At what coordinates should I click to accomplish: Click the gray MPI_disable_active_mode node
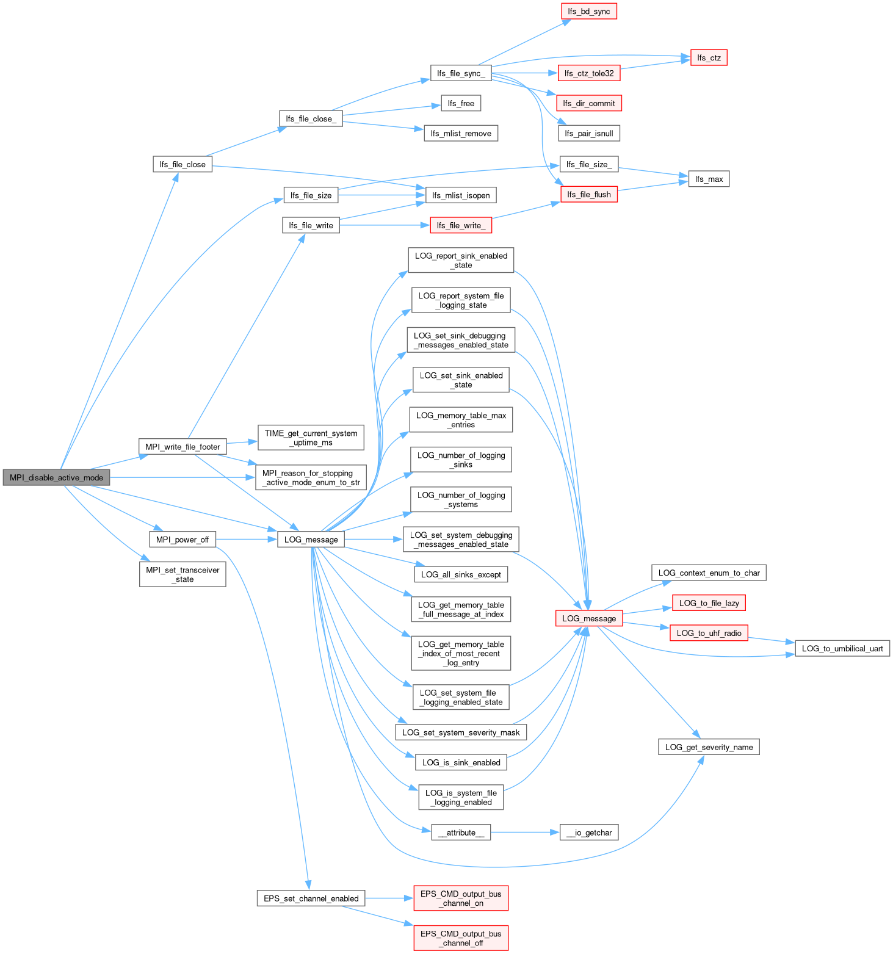(x=56, y=477)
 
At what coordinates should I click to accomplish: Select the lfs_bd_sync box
(x=588, y=12)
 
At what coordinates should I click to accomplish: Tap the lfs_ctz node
(x=709, y=58)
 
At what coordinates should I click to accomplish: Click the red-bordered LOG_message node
(x=589, y=618)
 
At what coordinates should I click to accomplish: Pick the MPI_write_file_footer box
(x=183, y=447)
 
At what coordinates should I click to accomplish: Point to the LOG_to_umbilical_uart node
(x=842, y=648)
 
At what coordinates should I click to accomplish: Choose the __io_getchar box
(x=589, y=833)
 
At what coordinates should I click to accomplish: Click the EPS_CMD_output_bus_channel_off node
(x=461, y=938)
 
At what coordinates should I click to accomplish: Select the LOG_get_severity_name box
(x=709, y=747)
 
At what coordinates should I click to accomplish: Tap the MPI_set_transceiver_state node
(x=183, y=574)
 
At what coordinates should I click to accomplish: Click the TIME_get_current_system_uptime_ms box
(x=311, y=438)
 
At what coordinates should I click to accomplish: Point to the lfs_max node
(x=709, y=179)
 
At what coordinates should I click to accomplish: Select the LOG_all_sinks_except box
(x=461, y=574)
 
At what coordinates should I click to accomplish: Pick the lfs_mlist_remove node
(x=461, y=133)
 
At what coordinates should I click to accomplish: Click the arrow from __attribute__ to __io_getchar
(x=525, y=833)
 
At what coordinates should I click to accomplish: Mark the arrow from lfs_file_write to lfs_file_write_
(x=385, y=225)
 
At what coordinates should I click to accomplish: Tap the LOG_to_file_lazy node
(x=709, y=603)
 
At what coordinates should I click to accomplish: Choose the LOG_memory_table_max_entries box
(x=461, y=420)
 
